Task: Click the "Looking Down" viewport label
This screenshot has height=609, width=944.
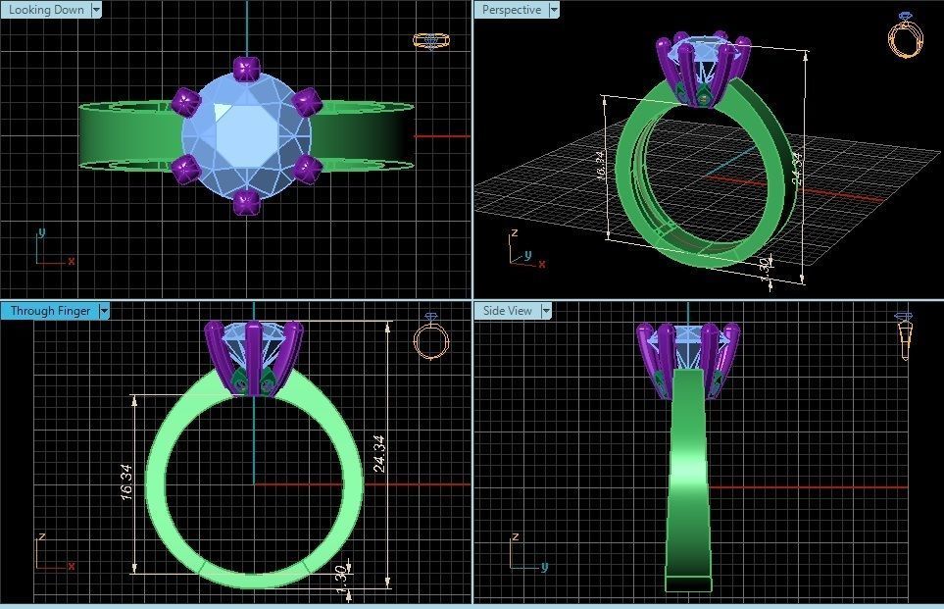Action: tap(45, 10)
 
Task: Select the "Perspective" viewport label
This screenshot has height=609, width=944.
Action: tap(511, 10)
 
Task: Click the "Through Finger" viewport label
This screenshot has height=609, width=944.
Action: tap(50, 311)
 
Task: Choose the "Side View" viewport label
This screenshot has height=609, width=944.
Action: tap(507, 311)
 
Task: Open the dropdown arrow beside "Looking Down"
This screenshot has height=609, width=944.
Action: tap(95, 10)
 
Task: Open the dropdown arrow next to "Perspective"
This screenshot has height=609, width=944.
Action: tap(554, 10)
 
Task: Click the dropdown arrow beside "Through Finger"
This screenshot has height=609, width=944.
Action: tap(103, 311)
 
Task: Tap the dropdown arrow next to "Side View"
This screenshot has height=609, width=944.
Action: tap(546, 311)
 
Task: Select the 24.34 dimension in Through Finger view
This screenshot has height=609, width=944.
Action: tap(379, 454)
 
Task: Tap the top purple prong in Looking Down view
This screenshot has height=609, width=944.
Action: tap(244, 70)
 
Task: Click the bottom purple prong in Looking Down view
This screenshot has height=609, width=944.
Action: tap(244, 202)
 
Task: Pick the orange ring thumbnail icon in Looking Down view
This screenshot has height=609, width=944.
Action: tap(429, 40)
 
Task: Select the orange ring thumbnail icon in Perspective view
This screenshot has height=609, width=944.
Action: tap(905, 36)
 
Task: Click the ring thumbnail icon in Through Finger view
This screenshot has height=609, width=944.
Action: tap(430, 337)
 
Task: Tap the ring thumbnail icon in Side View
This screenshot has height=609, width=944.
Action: tap(904, 338)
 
